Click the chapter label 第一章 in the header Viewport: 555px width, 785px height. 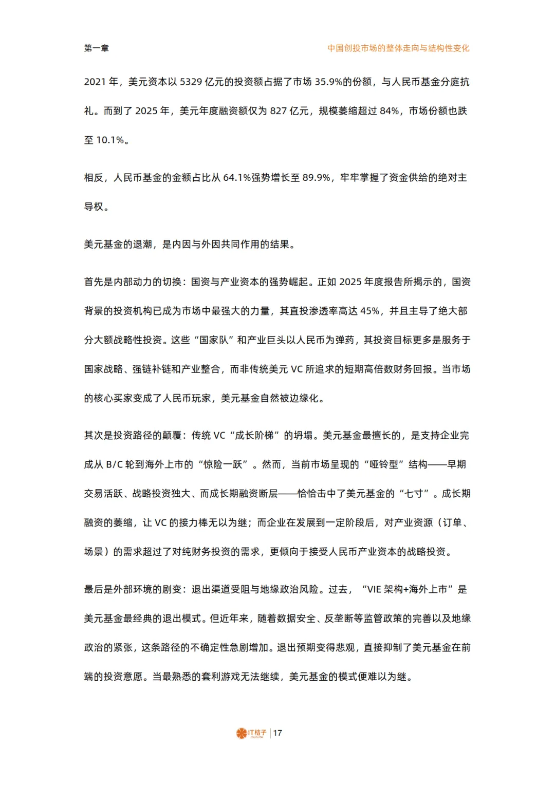click(x=97, y=48)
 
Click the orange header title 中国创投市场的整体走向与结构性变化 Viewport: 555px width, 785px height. click(x=398, y=48)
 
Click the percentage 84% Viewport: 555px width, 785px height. click(x=389, y=111)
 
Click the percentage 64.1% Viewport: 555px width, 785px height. click(x=237, y=178)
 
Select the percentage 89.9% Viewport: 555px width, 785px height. click(x=316, y=178)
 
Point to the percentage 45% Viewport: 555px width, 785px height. click(x=369, y=311)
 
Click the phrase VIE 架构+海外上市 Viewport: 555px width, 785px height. click(x=408, y=590)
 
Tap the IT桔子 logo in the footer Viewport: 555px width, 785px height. click(x=251, y=733)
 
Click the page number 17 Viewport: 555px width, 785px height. click(x=277, y=733)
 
